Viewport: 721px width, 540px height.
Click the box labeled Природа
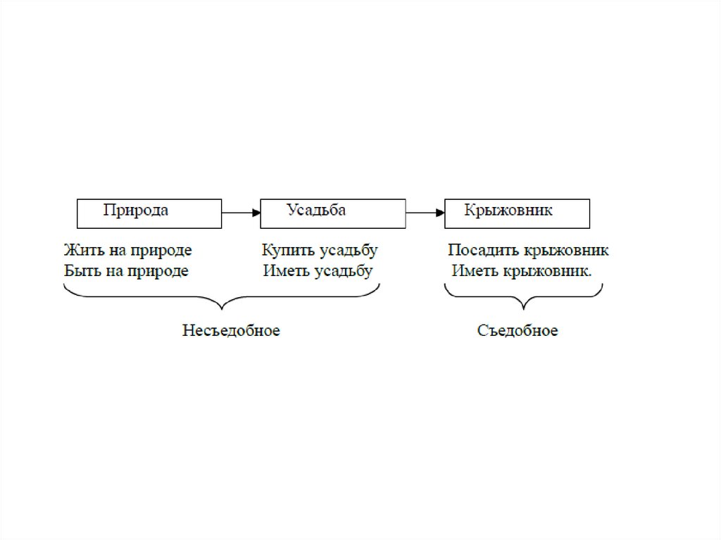point(149,213)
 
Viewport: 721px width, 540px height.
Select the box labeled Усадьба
point(332,213)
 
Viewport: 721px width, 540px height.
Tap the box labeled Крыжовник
point(517,213)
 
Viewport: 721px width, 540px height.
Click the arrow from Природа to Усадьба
point(241,211)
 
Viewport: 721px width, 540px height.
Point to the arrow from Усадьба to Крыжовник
point(425,211)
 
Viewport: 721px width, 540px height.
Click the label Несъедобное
point(231,330)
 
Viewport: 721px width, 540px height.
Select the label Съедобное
point(518,330)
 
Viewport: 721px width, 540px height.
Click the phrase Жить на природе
point(127,251)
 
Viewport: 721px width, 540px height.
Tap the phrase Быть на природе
point(126,271)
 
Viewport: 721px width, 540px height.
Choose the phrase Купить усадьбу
point(320,251)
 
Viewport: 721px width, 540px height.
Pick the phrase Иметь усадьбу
point(318,271)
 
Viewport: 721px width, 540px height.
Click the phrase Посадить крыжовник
point(528,251)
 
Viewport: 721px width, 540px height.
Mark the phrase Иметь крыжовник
point(522,271)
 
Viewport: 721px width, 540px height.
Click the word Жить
point(79,251)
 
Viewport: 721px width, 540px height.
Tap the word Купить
point(283,251)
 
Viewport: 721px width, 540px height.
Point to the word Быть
point(79,271)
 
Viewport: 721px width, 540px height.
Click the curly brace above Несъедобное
point(222,299)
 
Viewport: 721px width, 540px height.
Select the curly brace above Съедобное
point(523,299)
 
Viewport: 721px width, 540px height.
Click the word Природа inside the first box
point(136,210)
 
